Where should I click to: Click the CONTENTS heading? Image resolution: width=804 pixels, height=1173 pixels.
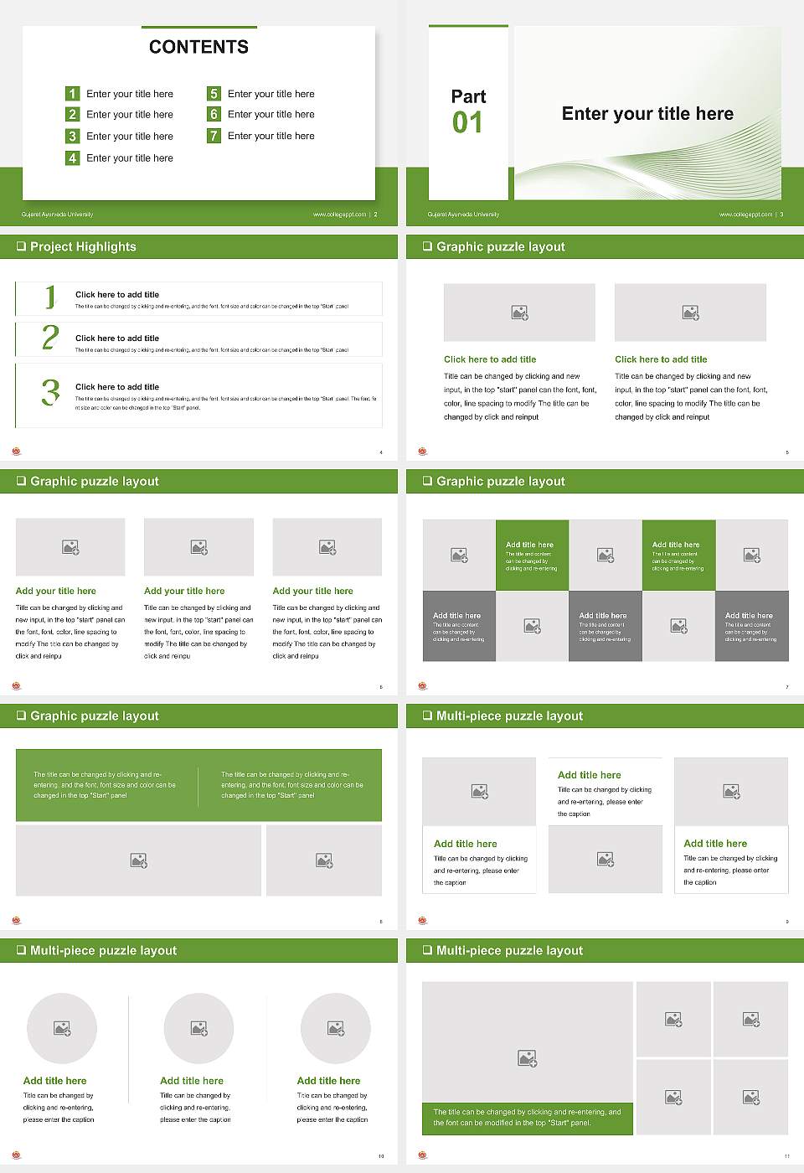pos(198,47)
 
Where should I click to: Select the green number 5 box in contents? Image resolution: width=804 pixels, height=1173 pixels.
pos(214,94)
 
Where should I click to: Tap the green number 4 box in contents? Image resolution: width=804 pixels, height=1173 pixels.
pos(72,158)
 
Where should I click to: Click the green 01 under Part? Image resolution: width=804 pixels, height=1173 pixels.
pos(467,123)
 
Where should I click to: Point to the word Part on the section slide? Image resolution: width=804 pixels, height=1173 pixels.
pos(468,96)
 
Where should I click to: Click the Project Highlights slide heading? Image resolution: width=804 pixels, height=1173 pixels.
pos(83,246)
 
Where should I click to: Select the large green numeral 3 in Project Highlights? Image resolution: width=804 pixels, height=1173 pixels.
pos(50,392)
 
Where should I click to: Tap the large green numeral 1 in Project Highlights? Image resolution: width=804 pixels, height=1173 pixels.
pos(50,297)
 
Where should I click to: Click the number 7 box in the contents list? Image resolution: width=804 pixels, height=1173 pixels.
pos(214,136)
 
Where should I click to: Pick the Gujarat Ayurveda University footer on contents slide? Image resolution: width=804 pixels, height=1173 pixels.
pos(58,214)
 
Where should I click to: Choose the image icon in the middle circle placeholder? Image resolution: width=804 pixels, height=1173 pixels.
pos(198,1028)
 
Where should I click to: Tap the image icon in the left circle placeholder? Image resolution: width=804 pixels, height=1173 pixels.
pos(62,1028)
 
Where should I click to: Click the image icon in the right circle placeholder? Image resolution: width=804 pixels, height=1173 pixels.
pos(336,1028)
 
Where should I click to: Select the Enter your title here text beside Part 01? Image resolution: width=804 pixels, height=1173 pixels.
pos(647,114)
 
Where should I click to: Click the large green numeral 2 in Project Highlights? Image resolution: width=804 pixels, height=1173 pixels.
pos(50,338)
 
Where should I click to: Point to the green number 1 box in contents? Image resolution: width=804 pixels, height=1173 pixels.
pos(72,94)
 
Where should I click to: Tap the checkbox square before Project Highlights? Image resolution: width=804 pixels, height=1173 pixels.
pos(21,246)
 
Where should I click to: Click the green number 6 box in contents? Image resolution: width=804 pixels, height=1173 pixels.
pos(214,114)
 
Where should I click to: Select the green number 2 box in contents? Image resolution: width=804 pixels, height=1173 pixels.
pos(72,114)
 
